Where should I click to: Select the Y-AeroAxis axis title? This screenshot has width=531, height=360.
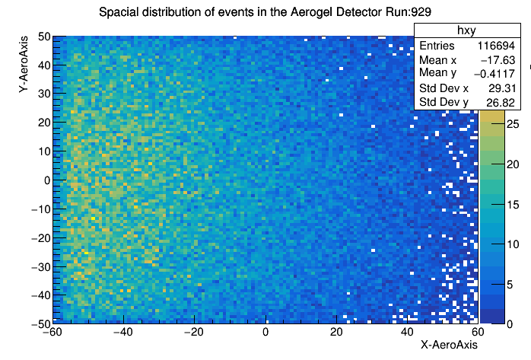(x=24, y=65)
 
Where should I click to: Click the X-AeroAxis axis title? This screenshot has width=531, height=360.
(x=449, y=345)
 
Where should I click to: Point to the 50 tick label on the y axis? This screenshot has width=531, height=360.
(x=44, y=37)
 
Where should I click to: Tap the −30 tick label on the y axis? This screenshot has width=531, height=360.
(x=41, y=267)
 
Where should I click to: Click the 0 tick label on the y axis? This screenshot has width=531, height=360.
(x=47, y=180)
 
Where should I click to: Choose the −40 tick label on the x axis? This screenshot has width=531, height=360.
(x=123, y=333)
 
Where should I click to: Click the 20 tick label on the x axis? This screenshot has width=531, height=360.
(x=336, y=333)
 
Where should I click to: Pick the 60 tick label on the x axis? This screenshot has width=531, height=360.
(x=478, y=333)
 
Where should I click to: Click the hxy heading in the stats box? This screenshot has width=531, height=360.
(x=466, y=30)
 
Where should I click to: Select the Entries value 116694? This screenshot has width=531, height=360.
(x=496, y=46)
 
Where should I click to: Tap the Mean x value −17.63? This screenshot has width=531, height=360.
(x=498, y=60)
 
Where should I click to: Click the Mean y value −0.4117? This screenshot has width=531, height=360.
(x=494, y=74)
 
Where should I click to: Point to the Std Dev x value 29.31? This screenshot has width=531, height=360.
(x=502, y=88)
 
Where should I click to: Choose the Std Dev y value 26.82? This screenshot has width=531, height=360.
(x=501, y=102)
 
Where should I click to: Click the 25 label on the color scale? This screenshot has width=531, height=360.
(x=513, y=124)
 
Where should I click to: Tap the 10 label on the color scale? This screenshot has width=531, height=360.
(x=513, y=244)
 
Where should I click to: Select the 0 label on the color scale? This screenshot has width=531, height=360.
(x=510, y=324)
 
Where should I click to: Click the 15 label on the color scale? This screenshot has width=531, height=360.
(x=513, y=205)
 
